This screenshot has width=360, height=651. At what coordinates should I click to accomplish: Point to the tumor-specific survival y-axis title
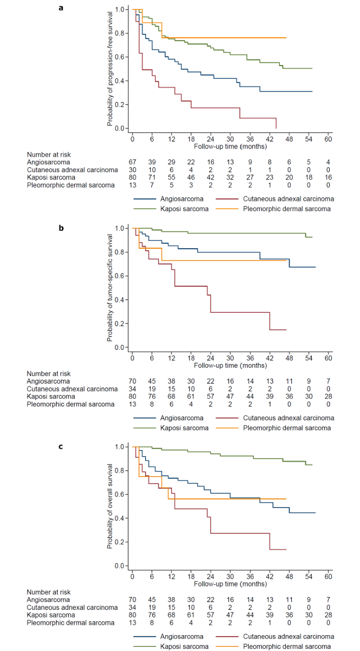coord(110,287)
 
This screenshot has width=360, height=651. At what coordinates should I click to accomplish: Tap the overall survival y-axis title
coord(110,506)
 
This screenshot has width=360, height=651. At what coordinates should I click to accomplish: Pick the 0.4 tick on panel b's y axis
coord(118,300)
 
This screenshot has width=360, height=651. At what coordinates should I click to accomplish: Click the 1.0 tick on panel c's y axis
coord(118,447)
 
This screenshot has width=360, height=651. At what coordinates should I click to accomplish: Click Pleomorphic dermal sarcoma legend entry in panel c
coord(287,646)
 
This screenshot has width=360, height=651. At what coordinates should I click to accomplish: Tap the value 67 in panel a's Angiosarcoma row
coord(133,161)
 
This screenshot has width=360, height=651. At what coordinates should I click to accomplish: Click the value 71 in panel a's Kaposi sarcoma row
coord(152,177)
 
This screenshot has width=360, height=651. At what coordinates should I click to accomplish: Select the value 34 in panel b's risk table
coord(133,388)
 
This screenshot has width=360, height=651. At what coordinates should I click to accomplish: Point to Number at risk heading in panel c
coord(49,592)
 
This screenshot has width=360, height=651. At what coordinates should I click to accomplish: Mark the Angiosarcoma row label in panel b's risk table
coord(49,381)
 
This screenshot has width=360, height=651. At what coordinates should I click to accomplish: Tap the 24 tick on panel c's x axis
coord(211,576)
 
